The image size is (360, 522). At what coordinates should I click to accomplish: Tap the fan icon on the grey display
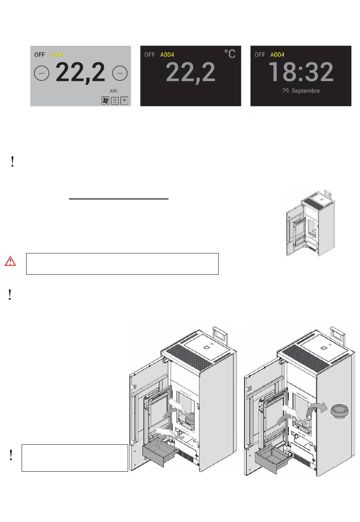tap(105, 101)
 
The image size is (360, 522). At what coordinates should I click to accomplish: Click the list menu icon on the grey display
tap(115, 101)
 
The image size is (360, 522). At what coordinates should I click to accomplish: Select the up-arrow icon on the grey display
tap(124, 101)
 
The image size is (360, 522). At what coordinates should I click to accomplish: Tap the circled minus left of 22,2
tap(42, 73)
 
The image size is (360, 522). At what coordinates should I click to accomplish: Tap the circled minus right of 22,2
tap(120, 73)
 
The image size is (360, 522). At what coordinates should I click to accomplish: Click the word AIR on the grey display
tap(113, 91)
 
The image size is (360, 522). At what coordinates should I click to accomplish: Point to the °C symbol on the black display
tap(230, 54)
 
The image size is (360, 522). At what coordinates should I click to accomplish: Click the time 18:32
tap(301, 72)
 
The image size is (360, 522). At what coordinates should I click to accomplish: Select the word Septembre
tap(305, 91)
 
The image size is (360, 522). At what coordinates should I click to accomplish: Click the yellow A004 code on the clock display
tap(277, 55)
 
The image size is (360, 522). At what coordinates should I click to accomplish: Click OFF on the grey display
tap(39, 55)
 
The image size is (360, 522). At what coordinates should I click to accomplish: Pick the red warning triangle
tap(10, 261)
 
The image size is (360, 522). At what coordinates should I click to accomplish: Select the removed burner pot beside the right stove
tap(340, 411)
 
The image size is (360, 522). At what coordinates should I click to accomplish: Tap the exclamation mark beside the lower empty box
tap(11, 455)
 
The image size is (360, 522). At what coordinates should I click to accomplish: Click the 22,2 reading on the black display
tap(191, 72)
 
